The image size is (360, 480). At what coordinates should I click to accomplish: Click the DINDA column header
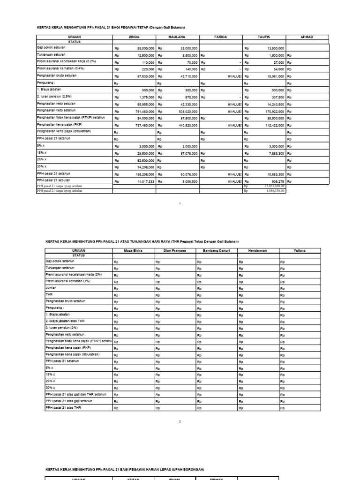click(134, 37)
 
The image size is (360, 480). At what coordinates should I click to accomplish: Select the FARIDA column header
click(221, 37)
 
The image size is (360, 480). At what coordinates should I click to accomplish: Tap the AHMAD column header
click(307, 37)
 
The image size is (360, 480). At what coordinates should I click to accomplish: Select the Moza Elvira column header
click(133, 251)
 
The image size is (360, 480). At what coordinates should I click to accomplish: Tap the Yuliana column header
click(300, 251)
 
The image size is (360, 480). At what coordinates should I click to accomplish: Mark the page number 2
click(180, 421)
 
